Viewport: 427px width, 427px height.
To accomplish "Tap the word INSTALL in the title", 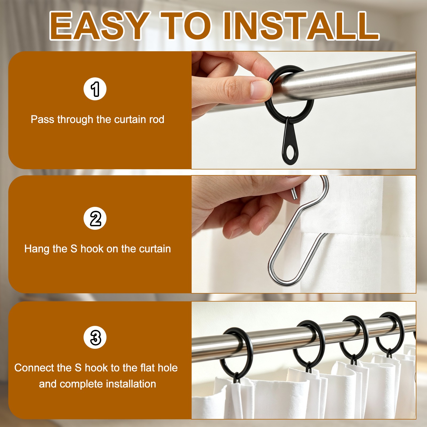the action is point(301,26).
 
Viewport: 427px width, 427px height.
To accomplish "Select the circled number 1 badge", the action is point(95,89).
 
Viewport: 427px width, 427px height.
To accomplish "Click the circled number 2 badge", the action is point(95,218).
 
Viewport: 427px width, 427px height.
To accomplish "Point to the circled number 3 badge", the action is point(95,337).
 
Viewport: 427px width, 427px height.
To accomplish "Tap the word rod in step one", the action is point(157,119).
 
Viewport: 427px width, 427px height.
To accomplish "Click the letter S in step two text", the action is point(74,249).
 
